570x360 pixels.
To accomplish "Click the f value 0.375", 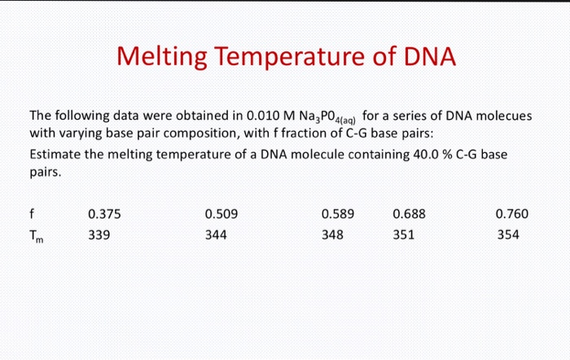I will click(104, 214).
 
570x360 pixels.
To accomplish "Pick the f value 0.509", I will click(221, 214).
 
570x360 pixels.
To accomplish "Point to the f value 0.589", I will click(338, 214).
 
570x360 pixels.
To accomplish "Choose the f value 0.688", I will click(409, 214).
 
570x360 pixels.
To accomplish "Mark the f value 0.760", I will click(512, 214).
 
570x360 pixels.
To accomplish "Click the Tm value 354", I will click(506, 235).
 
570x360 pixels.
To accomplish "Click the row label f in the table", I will click(31, 214).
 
